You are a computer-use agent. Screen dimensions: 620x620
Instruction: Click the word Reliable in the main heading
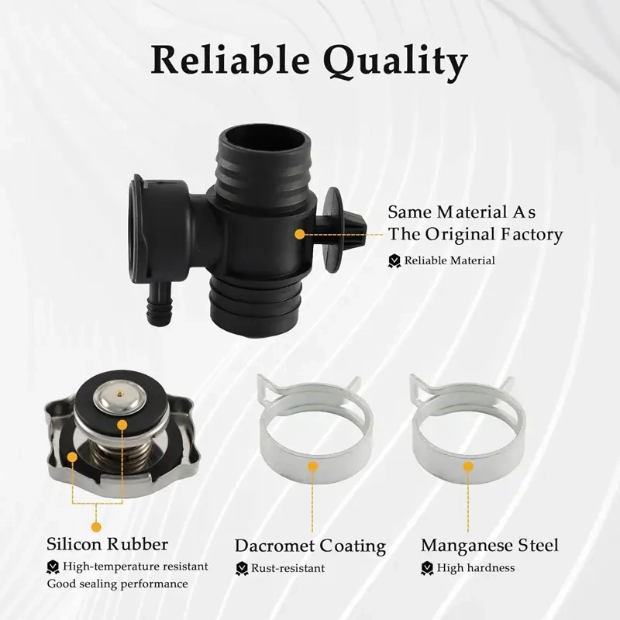(230, 60)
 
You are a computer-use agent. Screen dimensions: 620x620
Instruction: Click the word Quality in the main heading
(396, 62)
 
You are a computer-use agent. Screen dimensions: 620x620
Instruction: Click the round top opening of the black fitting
(263, 143)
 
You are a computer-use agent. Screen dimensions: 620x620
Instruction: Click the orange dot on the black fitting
(300, 234)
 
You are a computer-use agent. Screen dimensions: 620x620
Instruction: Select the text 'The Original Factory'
(475, 234)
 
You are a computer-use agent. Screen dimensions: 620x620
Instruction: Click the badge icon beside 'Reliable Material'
(394, 261)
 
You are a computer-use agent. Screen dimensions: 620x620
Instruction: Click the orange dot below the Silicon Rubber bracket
(96, 527)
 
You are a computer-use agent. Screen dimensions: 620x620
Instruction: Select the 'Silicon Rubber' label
(107, 544)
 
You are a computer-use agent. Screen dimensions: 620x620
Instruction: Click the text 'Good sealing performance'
(118, 584)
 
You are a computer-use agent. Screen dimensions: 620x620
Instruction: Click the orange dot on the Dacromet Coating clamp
(313, 467)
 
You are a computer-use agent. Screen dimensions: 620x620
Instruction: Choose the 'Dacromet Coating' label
(311, 546)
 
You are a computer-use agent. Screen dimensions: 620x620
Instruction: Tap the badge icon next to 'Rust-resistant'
(242, 569)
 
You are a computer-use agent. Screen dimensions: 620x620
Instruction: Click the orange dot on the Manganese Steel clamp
(469, 467)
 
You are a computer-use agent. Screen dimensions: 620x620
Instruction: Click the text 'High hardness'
(476, 568)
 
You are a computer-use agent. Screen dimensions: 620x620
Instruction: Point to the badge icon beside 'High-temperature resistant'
(53, 567)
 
